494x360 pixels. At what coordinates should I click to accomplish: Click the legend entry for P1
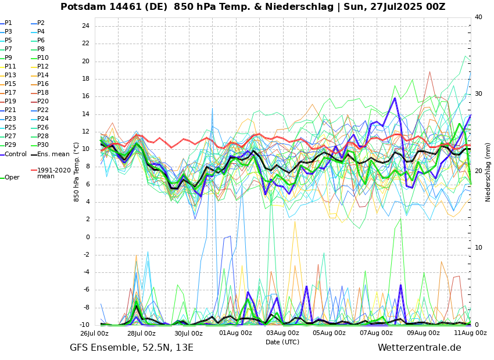click(x=8, y=23)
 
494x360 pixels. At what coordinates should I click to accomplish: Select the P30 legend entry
click(x=43, y=145)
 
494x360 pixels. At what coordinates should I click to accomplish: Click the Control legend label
click(x=16, y=154)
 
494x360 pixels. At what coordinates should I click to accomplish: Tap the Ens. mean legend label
click(x=53, y=154)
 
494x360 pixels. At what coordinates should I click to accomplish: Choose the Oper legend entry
click(x=12, y=178)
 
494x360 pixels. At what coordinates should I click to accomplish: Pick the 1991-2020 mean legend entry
click(x=53, y=173)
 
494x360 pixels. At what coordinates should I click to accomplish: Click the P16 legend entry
click(x=43, y=84)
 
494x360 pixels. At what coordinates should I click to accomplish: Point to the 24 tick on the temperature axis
click(x=85, y=26)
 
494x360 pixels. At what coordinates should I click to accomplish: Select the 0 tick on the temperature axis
click(x=87, y=237)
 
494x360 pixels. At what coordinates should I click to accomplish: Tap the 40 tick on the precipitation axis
click(x=478, y=17)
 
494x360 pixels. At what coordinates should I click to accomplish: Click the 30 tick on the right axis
click(x=478, y=93)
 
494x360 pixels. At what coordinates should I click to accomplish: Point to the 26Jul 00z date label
click(x=94, y=333)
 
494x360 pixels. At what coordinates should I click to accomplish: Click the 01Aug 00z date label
click(x=235, y=333)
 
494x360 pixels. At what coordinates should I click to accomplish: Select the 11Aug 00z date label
click(x=470, y=333)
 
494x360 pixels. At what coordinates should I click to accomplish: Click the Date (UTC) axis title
click(x=282, y=343)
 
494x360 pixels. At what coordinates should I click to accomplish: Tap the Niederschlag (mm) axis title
click(x=488, y=172)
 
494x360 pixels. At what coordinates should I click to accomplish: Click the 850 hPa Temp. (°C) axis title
click(x=77, y=172)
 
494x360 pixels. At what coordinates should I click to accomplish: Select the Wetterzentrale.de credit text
click(x=419, y=348)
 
